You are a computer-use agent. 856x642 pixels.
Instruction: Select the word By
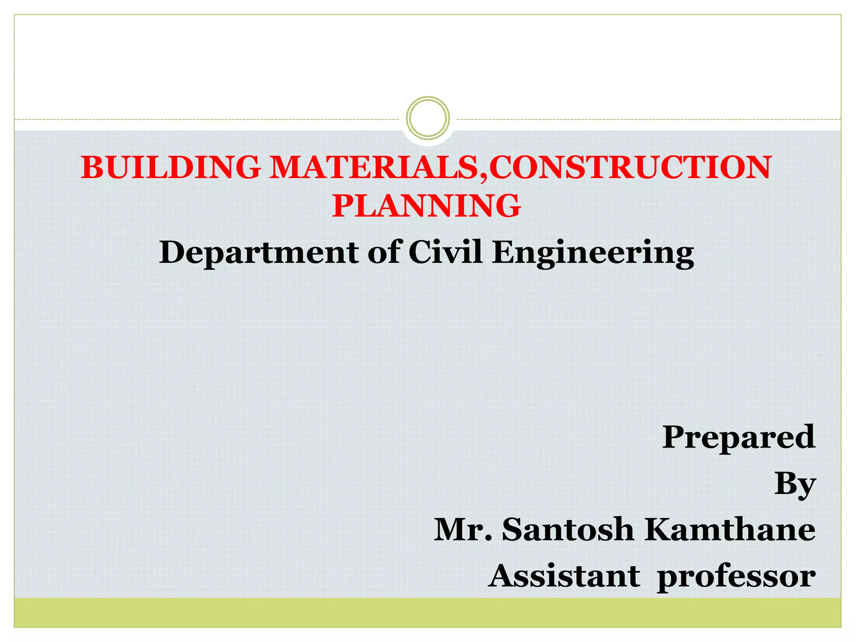point(795,485)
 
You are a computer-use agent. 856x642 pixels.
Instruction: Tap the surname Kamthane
point(729,530)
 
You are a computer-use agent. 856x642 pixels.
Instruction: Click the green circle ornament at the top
point(428,118)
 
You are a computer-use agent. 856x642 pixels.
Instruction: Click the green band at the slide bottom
point(428,612)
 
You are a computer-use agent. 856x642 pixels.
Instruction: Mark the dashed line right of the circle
point(648,120)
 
